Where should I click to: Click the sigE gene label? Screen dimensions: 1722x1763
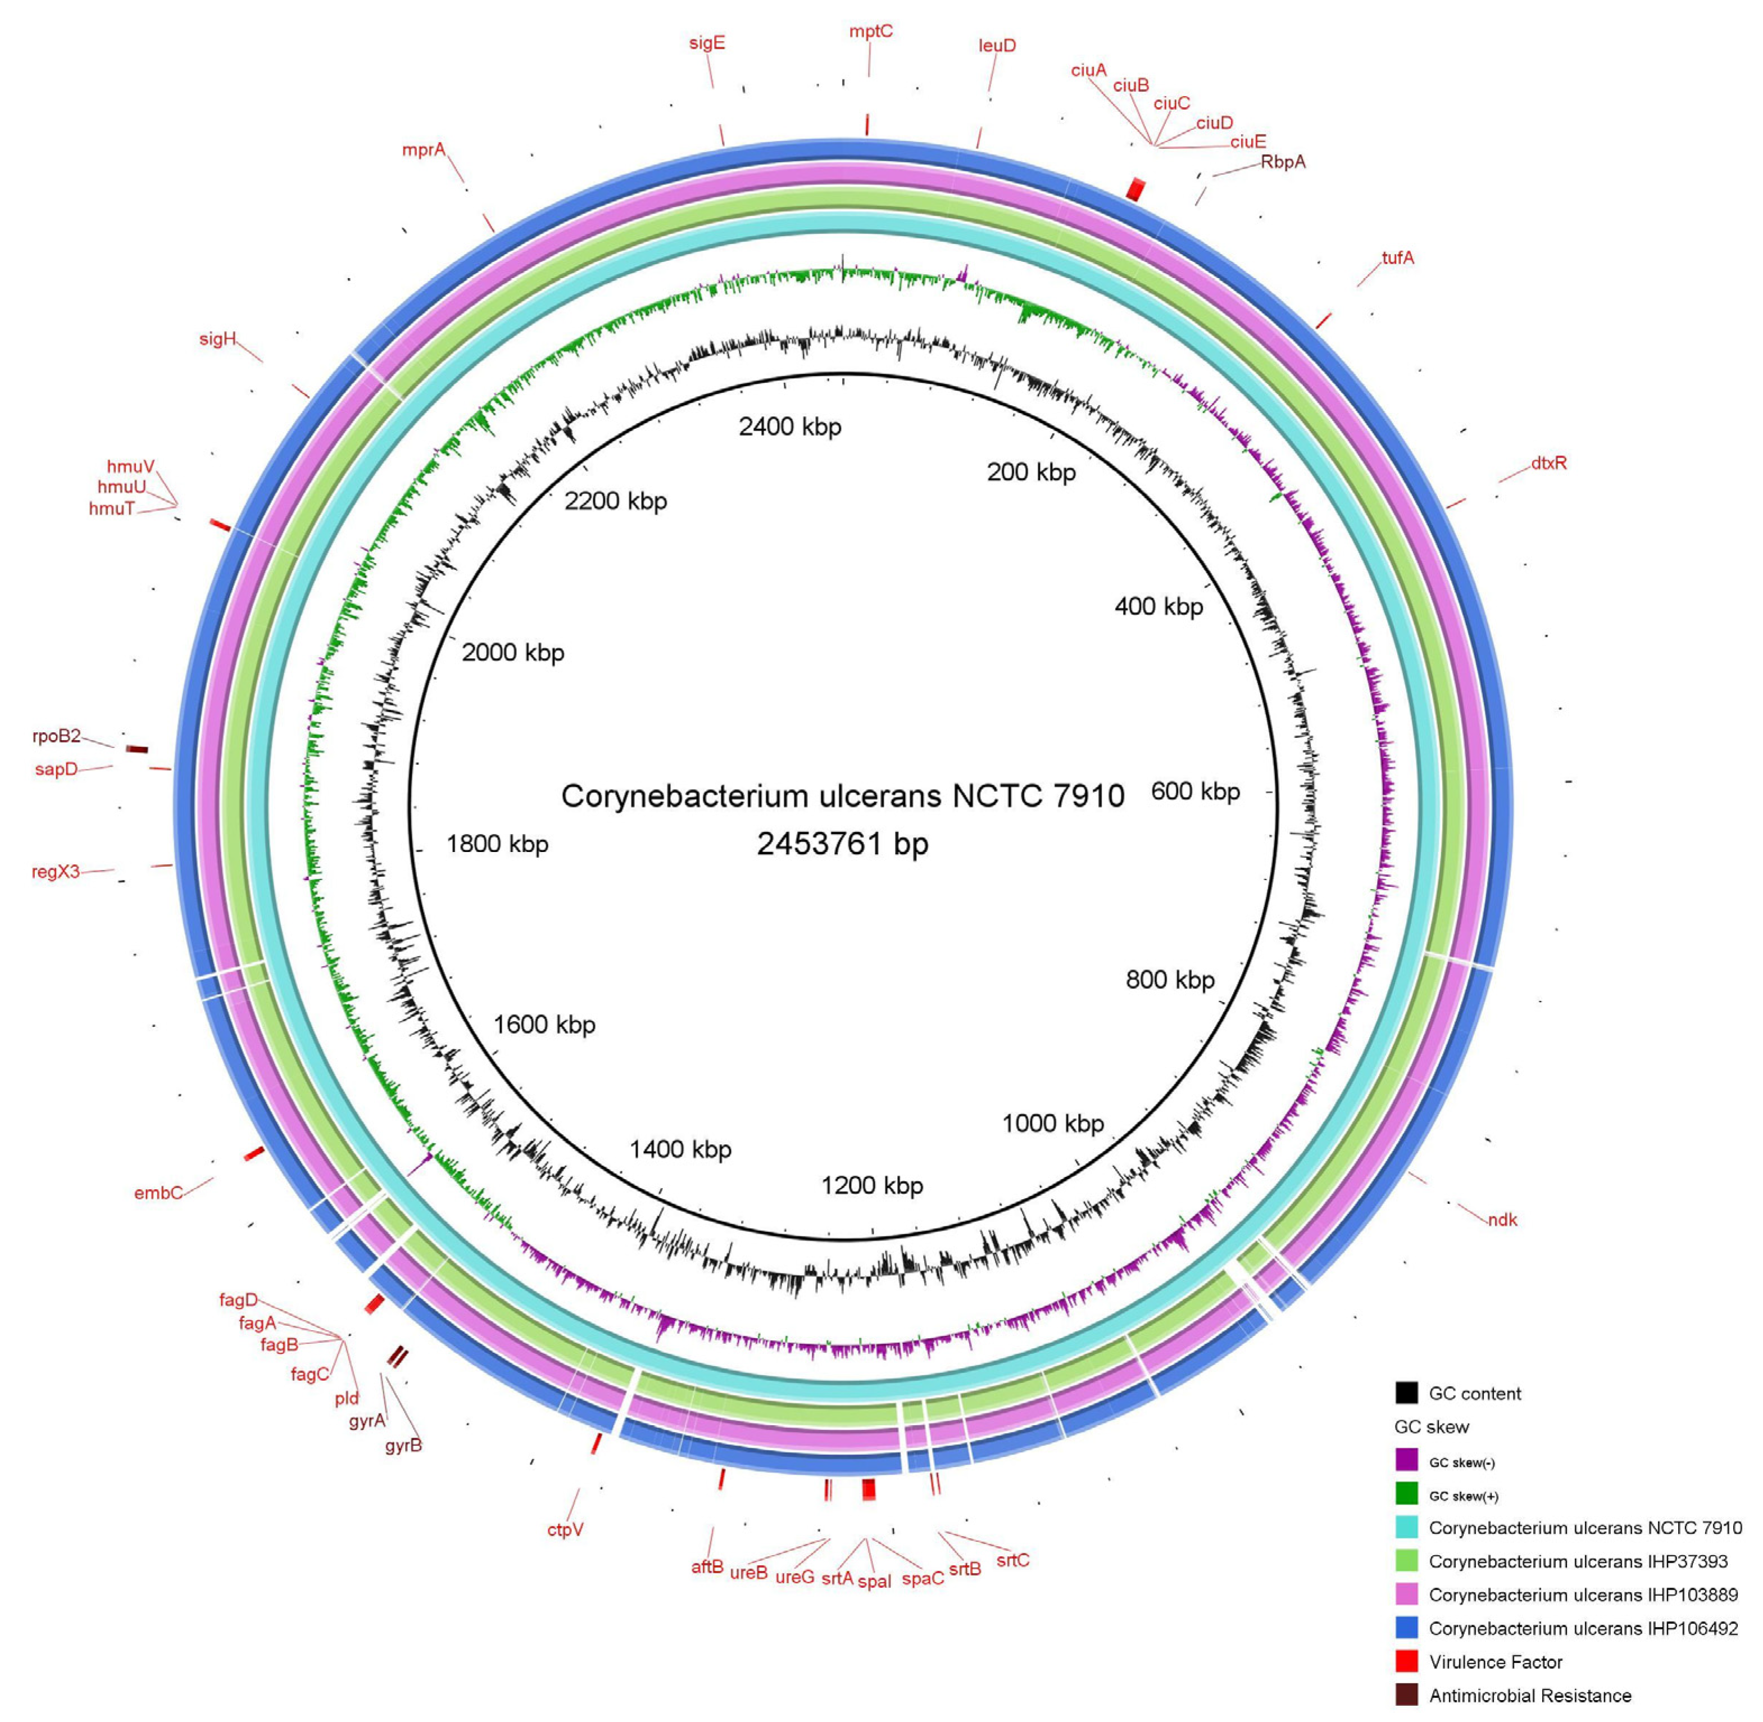(706, 43)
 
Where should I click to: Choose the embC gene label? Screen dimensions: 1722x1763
(158, 1193)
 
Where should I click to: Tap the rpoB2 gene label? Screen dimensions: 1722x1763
(56, 736)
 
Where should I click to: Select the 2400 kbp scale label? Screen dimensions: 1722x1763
(789, 427)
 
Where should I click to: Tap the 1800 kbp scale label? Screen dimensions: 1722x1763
(497, 844)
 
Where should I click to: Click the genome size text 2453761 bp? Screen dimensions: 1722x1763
(843, 844)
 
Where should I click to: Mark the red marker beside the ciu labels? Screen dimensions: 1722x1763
(1135, 189)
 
